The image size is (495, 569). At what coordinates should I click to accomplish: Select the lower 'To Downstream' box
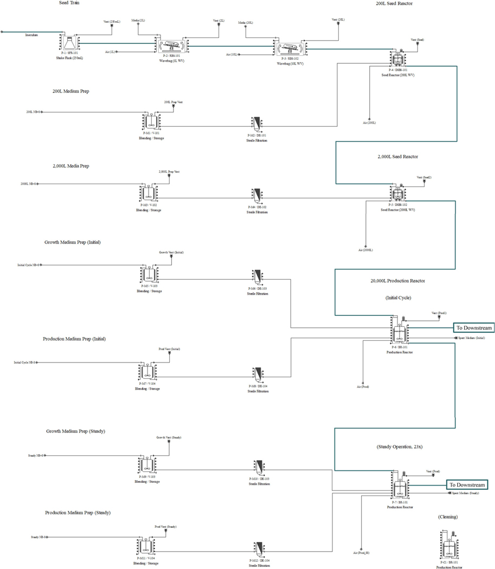click(x=466, y=484)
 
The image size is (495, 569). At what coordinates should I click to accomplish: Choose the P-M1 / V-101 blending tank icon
click(x=150, y=122)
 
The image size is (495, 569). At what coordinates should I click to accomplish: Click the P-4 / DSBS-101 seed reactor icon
click(x=398, y=58)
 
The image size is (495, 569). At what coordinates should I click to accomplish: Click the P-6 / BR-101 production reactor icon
click(x=399, y=332)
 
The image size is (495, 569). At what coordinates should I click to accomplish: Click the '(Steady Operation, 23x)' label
click(x=398, y=447)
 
